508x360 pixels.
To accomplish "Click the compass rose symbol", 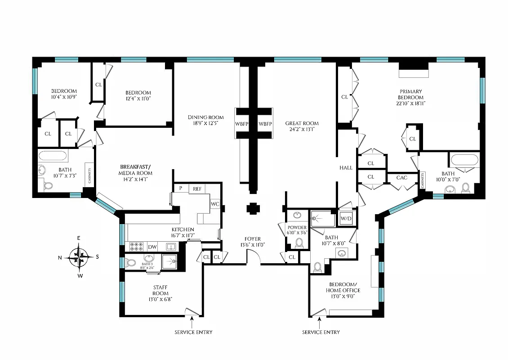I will coord(80,257).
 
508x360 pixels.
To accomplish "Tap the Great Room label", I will coord(302,126).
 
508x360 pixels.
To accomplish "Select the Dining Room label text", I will coord(202,121).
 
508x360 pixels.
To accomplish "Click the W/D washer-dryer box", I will coord(346,219).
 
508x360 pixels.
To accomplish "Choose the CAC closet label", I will coord(401,178).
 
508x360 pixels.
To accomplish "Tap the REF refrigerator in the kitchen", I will coord(197,189).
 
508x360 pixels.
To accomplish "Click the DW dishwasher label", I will coord(153,247).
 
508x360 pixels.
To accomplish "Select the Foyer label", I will coord(252,242).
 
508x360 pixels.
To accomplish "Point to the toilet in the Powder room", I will coord(299,243).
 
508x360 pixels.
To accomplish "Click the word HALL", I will coord(346,167).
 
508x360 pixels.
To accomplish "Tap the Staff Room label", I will coord(160,293).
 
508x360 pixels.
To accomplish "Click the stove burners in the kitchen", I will coord(136,247).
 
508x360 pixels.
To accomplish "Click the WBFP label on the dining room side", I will coord(241,124).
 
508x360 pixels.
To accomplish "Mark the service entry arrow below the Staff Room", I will coord(192,321).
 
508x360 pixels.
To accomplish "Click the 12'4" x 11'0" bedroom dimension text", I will coord(138,99).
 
